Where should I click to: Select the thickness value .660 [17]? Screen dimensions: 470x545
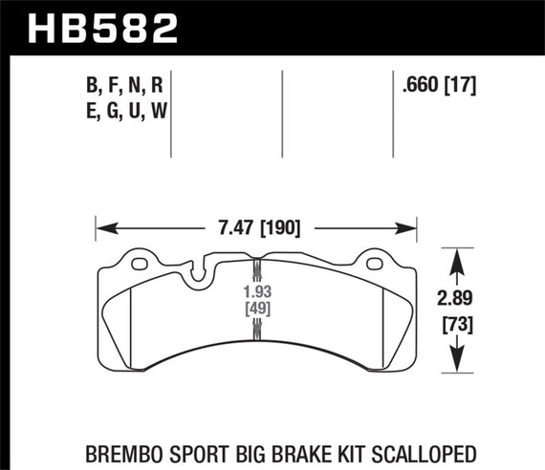coord(441,85)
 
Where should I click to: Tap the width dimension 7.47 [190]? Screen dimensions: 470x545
coord(255,228)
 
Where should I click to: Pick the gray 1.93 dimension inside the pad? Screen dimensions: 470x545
coord(255,290)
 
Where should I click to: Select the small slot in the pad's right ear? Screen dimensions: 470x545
coord(377,262)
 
